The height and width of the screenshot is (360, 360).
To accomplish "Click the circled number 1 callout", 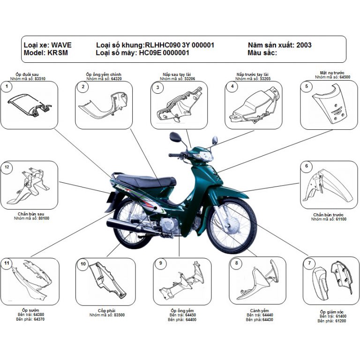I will tap(7, 87).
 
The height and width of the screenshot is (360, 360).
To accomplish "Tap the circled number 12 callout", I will tap(7, 167).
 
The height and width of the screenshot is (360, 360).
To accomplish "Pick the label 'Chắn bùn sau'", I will tap(30, 214).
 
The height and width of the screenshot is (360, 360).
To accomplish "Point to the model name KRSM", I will tap(57, 53).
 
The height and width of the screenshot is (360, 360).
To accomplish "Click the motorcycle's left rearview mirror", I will tap(176, 137).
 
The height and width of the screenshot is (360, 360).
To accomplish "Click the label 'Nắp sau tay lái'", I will tap(175, 75).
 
